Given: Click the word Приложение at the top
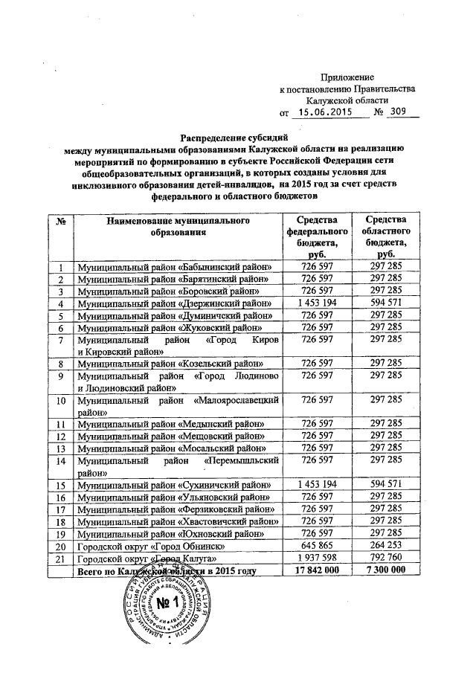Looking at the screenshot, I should click(347, 77).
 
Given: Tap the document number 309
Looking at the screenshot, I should click(405, 113).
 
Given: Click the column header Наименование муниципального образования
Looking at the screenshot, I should click(176, 227).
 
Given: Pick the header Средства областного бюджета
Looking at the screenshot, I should click(385, 236).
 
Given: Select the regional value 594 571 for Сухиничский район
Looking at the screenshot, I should click(385, 483).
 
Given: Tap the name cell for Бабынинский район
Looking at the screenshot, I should click(170, 265).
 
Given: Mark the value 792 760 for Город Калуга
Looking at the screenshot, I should click(385, 558).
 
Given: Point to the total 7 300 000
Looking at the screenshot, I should click(385, 571).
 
